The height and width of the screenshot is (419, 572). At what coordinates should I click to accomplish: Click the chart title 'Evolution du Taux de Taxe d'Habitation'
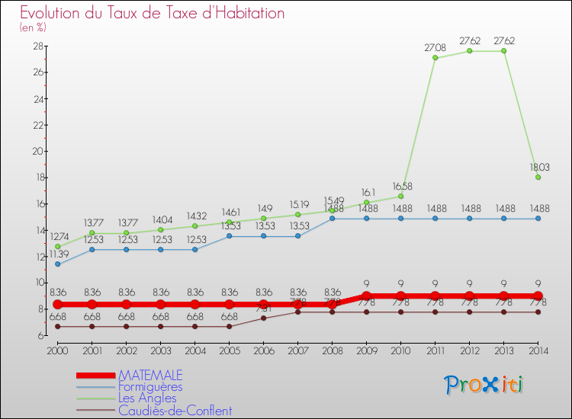click(x=153, y=13)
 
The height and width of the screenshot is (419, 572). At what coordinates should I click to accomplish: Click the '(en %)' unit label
click(x=33, y=27)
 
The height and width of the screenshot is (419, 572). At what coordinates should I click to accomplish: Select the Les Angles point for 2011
click(x=435, y=58)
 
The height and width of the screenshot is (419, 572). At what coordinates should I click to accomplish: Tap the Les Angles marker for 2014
click(x=538, y=178)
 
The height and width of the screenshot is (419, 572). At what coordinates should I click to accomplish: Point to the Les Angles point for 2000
click(x=57, y=247)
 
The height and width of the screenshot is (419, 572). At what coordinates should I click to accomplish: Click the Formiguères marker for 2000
click(x=57, y=264)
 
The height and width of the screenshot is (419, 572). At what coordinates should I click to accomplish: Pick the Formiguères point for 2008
click(x=332, y=219)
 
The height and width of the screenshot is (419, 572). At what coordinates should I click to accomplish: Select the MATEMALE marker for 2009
click(x=366, y=296)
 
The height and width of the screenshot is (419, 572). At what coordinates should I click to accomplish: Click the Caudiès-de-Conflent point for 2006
click(x=263, y=318)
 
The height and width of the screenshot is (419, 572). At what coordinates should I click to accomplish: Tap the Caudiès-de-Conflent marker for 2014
click(x=538, y=312)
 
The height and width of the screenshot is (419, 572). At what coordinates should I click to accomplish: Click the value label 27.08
click(x=435, y=47)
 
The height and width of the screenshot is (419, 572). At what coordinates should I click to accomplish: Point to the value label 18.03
click(x=538, y=167)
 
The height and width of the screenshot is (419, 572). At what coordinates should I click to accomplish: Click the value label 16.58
click(x=400, y=186)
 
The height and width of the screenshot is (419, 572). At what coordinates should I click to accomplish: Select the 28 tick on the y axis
click(x=37, y=46)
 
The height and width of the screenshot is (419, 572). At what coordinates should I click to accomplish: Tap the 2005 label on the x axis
click(x=229, y=350)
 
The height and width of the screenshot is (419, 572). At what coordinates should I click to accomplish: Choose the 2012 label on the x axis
click(x=469, y=350)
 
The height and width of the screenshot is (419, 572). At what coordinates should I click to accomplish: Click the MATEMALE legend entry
click(x=150, y=375)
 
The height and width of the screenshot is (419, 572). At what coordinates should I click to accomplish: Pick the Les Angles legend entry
click(x=147, y=398)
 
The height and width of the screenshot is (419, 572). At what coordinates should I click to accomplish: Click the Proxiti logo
click(x=484, y=385)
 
